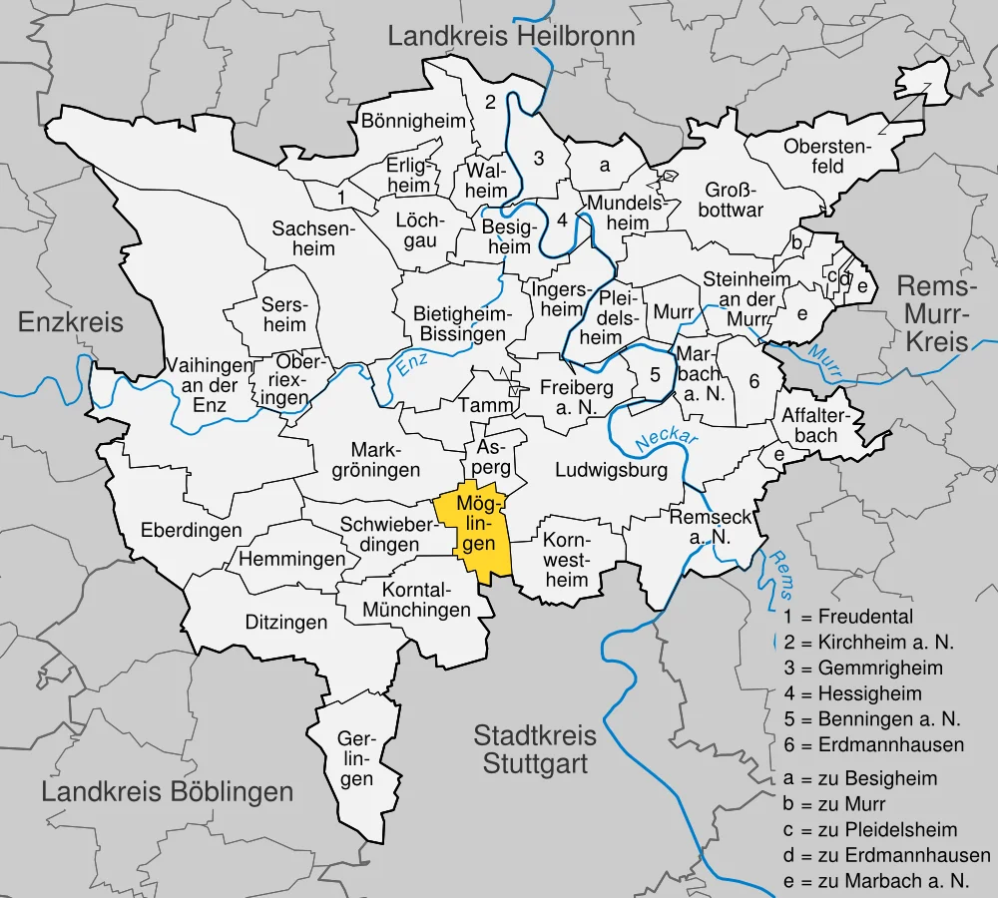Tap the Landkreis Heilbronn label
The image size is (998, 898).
(511, 38)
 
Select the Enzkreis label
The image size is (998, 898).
(71, 322)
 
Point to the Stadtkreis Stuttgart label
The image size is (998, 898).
(535, 750)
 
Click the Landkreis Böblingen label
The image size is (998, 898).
(168, 792)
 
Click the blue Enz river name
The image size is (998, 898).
(410, 365)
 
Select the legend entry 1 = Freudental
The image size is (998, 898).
(848, 617)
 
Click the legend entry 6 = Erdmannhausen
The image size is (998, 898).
(873, 744)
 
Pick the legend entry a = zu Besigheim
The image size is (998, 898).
(862, 778)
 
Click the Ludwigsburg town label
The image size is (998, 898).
(611, 469)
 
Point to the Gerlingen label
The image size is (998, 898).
(355, 759)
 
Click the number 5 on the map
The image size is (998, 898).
(655, 376)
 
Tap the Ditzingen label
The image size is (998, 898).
(286, 623)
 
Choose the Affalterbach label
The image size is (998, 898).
(809, 424)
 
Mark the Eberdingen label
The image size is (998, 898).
(191, 530)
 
